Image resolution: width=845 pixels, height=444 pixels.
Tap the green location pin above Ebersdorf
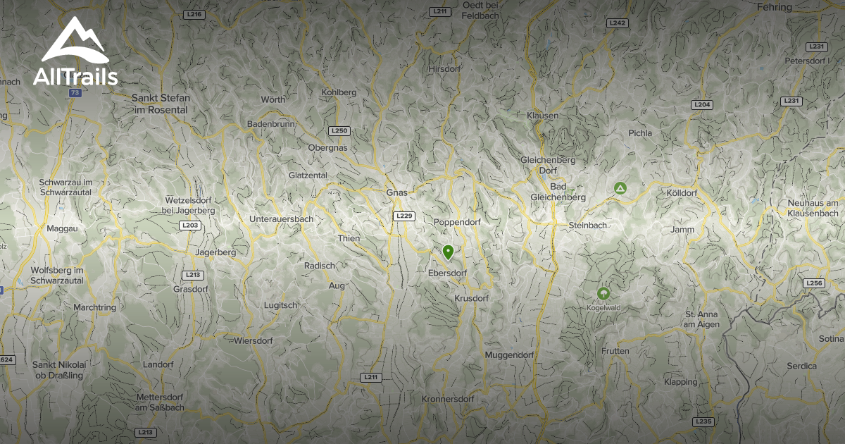point(448,252)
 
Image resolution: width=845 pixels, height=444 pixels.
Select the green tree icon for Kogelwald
point(603,293)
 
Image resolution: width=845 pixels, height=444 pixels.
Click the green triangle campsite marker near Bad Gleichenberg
point(620,188)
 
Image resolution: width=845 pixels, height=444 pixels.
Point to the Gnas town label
point(397,192)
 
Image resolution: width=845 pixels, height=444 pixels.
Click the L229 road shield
point(404,216)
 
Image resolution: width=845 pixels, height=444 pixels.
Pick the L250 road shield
point(339,131)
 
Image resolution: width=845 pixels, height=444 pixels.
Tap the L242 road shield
point(618,23)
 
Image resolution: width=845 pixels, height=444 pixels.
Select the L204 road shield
point(702,104)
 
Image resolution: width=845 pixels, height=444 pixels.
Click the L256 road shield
point(813,283)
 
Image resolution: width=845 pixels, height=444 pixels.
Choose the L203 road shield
point(189,226)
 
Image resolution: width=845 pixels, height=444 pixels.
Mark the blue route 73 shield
point(75,93)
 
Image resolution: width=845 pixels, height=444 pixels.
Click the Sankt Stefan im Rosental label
point(160,104)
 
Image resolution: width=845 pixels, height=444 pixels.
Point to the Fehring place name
point(775,7)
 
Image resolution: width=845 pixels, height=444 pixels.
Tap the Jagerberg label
point(215,252)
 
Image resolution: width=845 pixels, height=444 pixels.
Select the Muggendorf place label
point(509,355)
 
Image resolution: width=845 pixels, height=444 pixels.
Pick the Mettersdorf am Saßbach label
point(161,402)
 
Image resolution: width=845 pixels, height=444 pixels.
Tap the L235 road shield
point(703,421)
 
